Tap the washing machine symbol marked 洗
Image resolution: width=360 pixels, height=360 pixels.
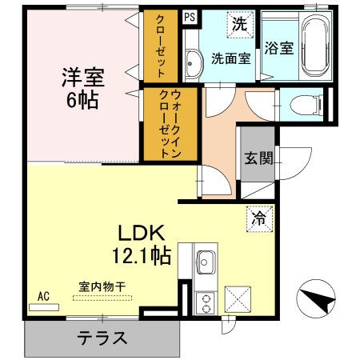[239, 24]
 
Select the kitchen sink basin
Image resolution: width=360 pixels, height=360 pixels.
[206, 262]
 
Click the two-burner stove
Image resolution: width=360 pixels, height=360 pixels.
[204, 302]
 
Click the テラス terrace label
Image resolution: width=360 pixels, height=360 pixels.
[102, 338]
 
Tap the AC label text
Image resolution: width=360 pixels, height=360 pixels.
[43, 295]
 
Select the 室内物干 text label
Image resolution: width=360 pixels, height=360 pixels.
[101, 286]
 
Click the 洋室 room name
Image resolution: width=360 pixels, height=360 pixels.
[82, 78]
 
